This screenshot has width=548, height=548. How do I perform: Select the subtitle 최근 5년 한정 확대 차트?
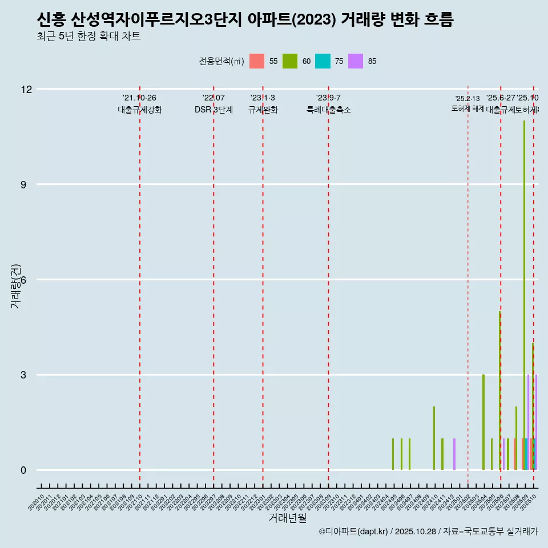pos(88,37)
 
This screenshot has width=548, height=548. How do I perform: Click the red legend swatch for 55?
pos(257,61)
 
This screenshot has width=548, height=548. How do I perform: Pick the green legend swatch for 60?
pos(290,61)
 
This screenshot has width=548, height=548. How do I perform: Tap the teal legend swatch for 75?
pos(323,61)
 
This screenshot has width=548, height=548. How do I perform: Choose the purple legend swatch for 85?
pos(356,61)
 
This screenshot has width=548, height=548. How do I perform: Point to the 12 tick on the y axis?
pos(26,89)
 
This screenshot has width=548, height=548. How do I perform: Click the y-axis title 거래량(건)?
pos(16,287)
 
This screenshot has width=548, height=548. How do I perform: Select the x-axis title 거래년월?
pos(287,518)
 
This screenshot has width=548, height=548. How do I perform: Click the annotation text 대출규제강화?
pos(140,110)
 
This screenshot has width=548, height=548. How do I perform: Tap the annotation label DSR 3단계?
pos(213,110)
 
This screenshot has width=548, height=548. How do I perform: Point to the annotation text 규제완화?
pos(263,110)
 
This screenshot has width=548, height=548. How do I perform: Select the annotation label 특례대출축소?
pos(328,110)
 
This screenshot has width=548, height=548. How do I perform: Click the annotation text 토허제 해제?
pos(468,108)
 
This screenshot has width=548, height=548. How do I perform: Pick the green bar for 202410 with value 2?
pos(434,438)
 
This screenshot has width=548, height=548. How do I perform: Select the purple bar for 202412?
pos(454,454)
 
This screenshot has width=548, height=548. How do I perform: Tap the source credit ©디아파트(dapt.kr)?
pos(354,531)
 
